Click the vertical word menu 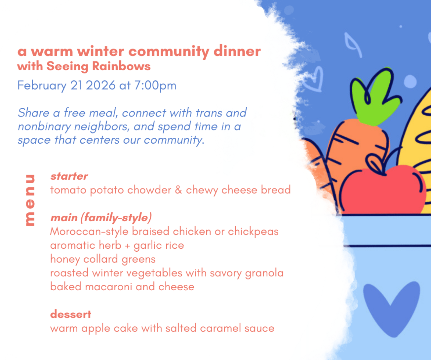coord(30,200)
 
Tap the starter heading coord(69,176)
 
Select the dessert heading coord(71,314)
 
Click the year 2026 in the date coord(100,85)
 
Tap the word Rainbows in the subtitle coord(121,66)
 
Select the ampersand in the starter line coord(178,190)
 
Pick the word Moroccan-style coord(89,232)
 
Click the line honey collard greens coord(103,259)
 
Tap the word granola coord(264,273)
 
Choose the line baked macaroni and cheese coord(122,287)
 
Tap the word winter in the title coord(101,51)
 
